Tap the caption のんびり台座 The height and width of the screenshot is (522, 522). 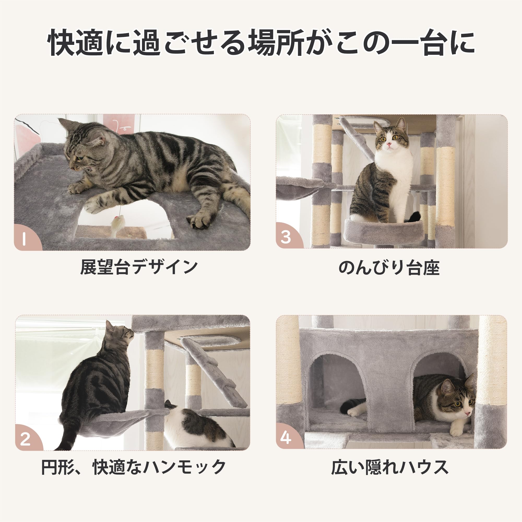pos(389,268)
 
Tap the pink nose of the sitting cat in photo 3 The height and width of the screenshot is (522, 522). pos(389,145)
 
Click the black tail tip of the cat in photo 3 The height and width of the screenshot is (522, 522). pos(414,216)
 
